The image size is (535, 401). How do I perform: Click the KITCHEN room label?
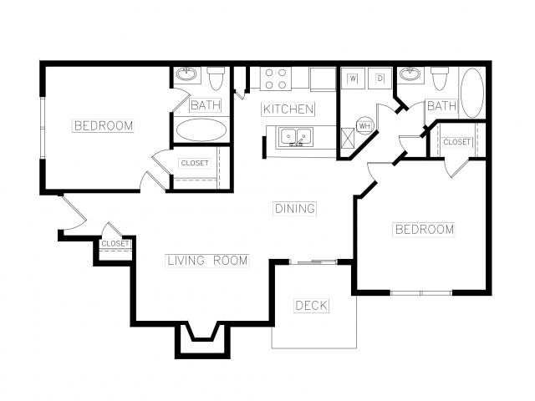pyautogui.click(x=288, y=109)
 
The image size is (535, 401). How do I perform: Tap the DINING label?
pyautogui.click(x=295, y=208)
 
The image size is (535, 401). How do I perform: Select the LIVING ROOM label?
pyautogui.click(x=207, y=261)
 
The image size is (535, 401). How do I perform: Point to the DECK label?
pyautogui.click(x=311, y=306)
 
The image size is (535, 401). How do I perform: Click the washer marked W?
pyautogui.click(x=353, y=79)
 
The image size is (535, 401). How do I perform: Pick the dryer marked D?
pyautogui.click(x=380, y=79)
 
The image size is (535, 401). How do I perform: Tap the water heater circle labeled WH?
pyautogui.click(x=364, y=126)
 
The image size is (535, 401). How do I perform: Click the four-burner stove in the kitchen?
pyautogui.click(x=276, y=79)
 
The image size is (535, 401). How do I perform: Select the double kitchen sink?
pyautogui.click(x=296, y=137)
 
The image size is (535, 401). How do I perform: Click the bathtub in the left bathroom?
pyautogui.click(x=201, y=129)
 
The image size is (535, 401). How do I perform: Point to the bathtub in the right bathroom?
pyautogui.click(x=472, y=93)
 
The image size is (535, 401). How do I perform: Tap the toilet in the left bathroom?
pyautogui.click(x=216, y=78)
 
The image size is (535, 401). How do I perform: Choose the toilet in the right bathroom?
pyautogui.click(x=441, y=79)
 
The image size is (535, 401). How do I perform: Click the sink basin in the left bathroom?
pyautogui.click(x=186, y=74)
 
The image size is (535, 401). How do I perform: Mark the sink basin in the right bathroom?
pyautogui.click(x=411, y=74)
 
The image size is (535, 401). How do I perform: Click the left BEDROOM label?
pyautogui.click(x=104, y=125)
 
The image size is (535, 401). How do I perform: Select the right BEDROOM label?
pyautogui.click(x=424, y=229)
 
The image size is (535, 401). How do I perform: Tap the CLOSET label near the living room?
pyautogui.click(x=115, y=243)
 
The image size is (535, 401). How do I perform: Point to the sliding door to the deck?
pyautogui.click(x=313, y=261)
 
